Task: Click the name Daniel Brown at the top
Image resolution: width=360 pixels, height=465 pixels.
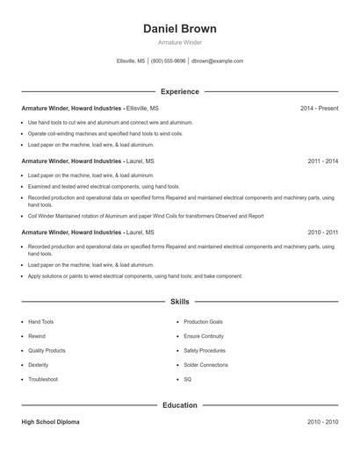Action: click(179, 29)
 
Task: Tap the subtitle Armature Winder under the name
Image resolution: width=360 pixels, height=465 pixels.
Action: click(179, 42)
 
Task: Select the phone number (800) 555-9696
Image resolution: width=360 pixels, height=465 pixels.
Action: click(169, 61)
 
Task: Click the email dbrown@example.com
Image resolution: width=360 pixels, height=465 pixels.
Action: click(217, 61)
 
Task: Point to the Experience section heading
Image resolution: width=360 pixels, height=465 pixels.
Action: click(179, 91)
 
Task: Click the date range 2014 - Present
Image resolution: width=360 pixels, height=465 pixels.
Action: click(319, 108)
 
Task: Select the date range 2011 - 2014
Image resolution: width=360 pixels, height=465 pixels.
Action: click(322, 161)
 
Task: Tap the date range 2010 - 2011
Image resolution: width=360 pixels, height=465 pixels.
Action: click(322, 232)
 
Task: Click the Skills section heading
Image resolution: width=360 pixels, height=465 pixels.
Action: click(179, 301)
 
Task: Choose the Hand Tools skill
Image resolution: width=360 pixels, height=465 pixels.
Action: click(40, 322)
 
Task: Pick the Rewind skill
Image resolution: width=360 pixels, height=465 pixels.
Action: click(36, 336)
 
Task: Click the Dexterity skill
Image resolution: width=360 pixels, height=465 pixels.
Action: click(38, 365)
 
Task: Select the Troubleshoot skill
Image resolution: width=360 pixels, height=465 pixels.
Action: click(42, 379)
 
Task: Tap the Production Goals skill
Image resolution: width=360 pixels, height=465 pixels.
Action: click(203, 322)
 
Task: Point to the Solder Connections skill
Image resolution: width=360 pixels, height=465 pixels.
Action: click(205, 365)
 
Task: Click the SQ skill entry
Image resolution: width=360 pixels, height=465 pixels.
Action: click(187, 379)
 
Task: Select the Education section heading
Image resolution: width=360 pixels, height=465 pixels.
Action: click(179, 405)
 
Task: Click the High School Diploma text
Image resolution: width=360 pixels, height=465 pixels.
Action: click(50, 422)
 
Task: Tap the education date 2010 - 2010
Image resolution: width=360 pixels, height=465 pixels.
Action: click(322, 422)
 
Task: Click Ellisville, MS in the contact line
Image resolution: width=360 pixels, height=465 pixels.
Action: click(131, 61)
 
